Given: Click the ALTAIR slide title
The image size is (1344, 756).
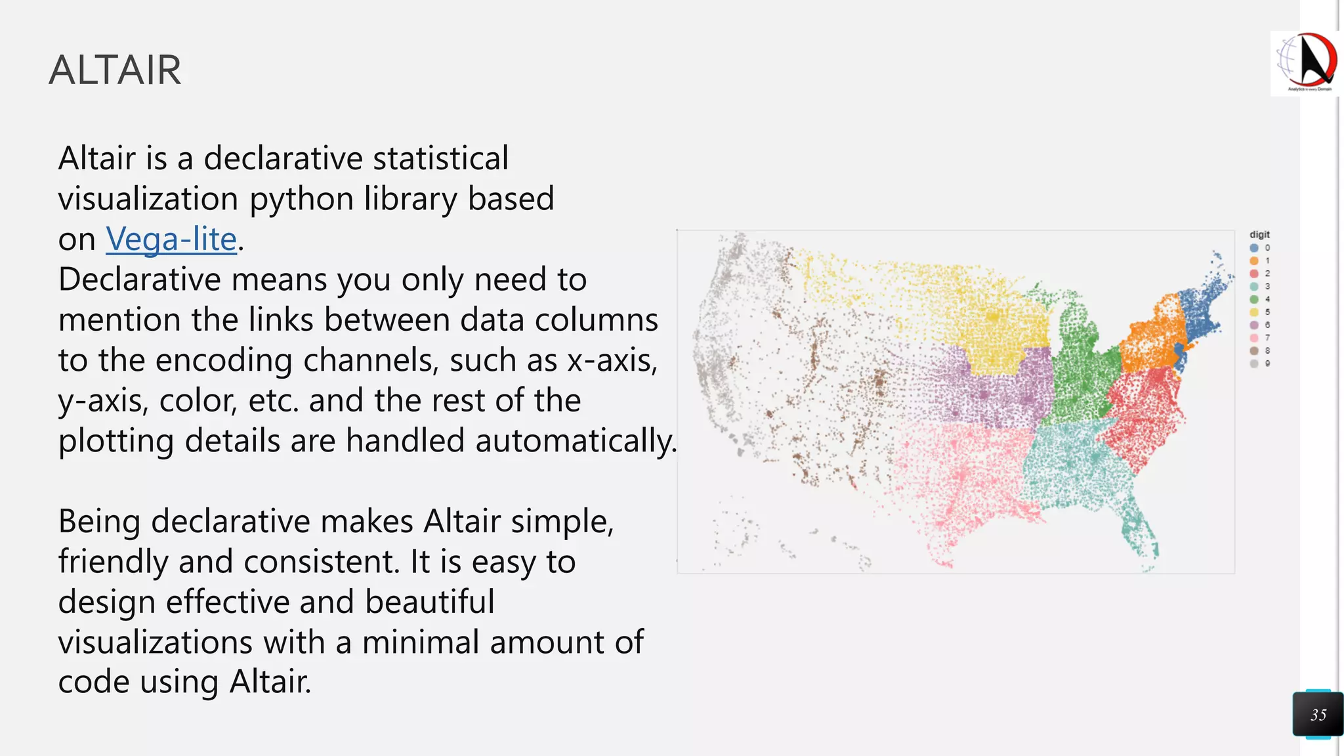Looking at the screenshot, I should [115, 70].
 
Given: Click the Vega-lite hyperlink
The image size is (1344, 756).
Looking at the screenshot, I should [171, 239].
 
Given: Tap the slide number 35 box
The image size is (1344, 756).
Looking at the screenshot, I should [1318, 715].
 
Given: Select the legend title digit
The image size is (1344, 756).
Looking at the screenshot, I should [1259, 234].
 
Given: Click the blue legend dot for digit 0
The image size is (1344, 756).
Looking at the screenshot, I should [1254, 248].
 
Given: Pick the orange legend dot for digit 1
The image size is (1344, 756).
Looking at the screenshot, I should [1254, 261].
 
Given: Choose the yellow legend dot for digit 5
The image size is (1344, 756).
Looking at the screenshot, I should [1254, 312].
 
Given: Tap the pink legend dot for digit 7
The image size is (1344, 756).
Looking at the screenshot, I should [1254, 338].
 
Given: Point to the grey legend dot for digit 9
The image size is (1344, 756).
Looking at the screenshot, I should [1254, 364].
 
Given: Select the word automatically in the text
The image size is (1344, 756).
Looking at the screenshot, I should [576, 440].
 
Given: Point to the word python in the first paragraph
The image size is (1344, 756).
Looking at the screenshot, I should [301, 199].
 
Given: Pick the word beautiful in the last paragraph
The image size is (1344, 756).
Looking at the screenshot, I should [429, 602].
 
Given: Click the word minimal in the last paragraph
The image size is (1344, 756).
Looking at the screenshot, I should [420, 642].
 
